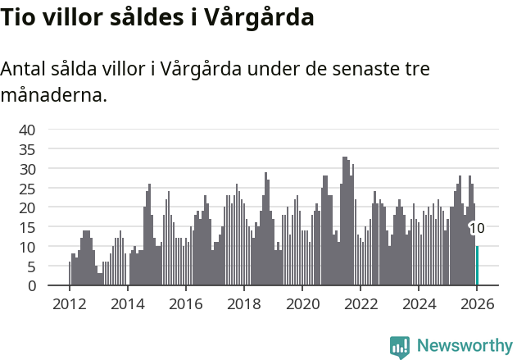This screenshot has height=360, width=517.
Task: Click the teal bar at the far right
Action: coord(477,266)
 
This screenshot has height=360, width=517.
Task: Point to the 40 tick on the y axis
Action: coord(27,130)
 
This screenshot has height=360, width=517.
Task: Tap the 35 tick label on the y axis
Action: coord(27,149)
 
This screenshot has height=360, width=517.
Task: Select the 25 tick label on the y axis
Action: coord(27,188)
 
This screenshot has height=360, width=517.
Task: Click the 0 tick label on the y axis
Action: coord(31,286)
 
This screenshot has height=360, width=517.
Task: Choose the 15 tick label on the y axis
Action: coord(27,227)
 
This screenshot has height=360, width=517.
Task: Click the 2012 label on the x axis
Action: coord(69,303)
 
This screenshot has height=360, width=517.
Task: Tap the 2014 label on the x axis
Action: coord(127,303)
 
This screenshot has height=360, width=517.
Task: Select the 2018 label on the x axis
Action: coord(243,303)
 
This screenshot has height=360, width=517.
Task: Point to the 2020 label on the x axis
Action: coord(302,303)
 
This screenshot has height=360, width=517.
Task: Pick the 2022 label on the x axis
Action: coord(360,303)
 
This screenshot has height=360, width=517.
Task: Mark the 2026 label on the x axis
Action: coord(476,303)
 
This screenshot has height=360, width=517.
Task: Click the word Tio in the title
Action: coord(17,17)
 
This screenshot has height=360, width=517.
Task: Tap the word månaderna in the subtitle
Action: coord(53,96)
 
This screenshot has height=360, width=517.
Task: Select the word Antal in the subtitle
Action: coord(25,69)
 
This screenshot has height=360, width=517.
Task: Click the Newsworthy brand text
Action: coord(464,346)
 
